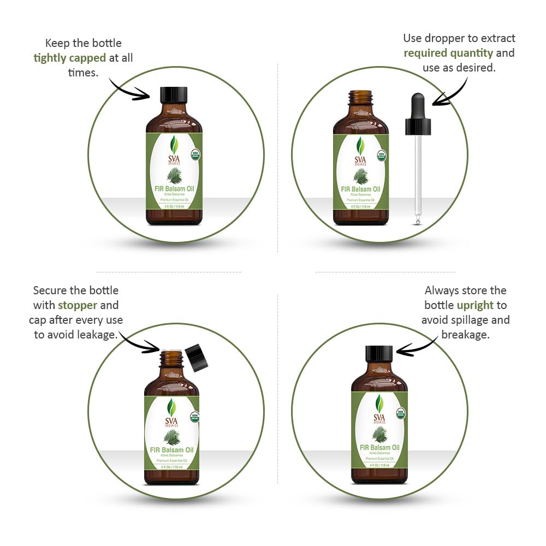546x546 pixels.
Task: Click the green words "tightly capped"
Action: pyautogui.click(x=69, y=58)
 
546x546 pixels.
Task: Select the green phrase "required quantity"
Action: pyautogui.click(x=448, y=53)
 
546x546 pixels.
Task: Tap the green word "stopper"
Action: pyautogui.click(x=78, y=305)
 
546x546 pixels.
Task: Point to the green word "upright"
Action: pyautogui.click(x=475, y=305)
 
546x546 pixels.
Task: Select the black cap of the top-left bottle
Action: pyautogui.click(x=174, y=95)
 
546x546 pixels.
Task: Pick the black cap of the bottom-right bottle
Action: pyautogui.click(x=379, y=354)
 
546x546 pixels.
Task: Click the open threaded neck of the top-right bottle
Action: pyautogui.click(x=360, y=98)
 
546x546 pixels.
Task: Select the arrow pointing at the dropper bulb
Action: pyautogui.click(x=451, y=90)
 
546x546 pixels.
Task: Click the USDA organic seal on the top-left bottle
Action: pyautogui.click(x=195, y=155)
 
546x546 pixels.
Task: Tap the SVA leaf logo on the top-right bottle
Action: pyautogui.click(x=360, y=145)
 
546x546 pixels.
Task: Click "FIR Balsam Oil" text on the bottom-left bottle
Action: pyautogui.click(x=171, y=450)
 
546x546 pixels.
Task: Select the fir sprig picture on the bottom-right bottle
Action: pyautogui.click(x=379, y=435)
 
